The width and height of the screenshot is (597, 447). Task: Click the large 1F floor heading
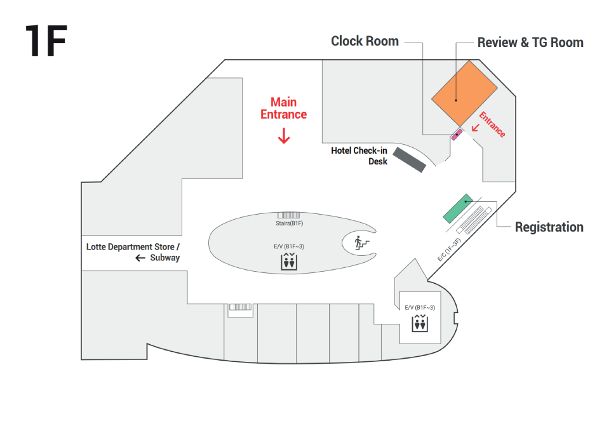pos(46,41)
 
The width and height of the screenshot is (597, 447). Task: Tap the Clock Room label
pos(365,41)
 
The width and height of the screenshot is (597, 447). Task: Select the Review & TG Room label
pos(530,43)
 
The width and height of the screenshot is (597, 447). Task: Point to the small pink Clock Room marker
pos(457,135)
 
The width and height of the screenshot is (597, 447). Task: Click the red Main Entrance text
pos(284,108)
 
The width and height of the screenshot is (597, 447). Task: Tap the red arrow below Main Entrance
pos(284,135)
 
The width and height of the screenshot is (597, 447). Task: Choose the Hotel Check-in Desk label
pos(359,156)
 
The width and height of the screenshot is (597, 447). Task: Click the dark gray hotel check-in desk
pos(409,159)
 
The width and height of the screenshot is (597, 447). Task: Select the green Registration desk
pos(458,208)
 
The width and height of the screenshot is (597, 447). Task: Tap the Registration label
pos(549,227)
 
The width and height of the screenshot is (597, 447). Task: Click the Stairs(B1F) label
pos(290,223)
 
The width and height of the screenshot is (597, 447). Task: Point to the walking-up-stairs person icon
pos(361,243)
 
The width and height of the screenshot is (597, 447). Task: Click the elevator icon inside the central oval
pos(289,262)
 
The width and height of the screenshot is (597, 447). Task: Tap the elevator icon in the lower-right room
pos(420,323)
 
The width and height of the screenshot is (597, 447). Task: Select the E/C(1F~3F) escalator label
pos(449,250)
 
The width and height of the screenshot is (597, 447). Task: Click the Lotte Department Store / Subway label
pos(133,252)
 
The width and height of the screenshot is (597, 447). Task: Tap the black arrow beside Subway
pos(140,258)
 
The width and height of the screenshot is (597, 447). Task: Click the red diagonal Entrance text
pos(492,124)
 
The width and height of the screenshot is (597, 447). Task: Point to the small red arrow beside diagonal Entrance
pos(475,128)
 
